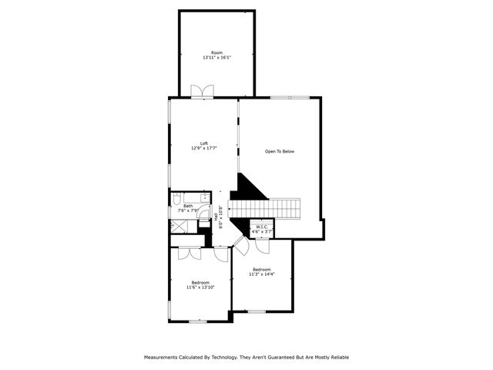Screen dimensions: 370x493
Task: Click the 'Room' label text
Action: pyautogui.click(x=217, y=52)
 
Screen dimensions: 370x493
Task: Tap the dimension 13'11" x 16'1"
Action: pyautogui.click(x=217, y=58)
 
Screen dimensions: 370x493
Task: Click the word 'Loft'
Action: pyautogui.click(x=204, y=143)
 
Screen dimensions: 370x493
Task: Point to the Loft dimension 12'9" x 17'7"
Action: pyautogui.click(x=204, y=148)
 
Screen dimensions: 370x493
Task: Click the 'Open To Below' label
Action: pyautogui.click(x=280, y=151)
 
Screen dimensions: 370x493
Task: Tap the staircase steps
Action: pyautogui.click(x=273, y=208)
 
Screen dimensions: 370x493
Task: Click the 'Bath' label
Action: pyautogui.click(x=188, y=206)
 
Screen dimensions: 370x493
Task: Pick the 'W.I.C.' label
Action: pyautogui.click(x=262, y=227)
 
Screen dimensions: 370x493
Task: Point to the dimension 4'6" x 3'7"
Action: pyautogui.click(x=262, y=231)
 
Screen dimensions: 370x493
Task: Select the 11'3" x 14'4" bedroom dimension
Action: pyautogui.click(x=262, y=274)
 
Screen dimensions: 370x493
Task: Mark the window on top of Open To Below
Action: pyautogui.click(x=290, y=97)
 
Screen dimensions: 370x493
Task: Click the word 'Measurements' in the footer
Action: pyautogui.click(x=164, y=357)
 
